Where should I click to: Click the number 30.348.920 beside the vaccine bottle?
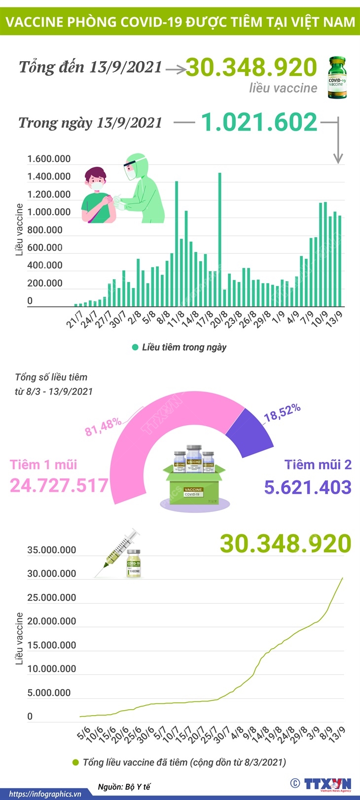(252, 68)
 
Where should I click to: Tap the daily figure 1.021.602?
(259, 122)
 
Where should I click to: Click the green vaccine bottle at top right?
(337, 77)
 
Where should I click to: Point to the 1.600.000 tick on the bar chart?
(49, 159)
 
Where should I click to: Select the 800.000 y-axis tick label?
(45, 230)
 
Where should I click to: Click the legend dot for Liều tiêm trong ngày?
(135, 347)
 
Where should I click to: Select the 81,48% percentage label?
(103, 426)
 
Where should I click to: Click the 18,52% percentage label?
(282, 412)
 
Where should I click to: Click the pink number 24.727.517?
(59, 485)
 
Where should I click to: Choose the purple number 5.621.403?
(308, 487)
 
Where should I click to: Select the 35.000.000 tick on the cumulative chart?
(52, 550)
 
